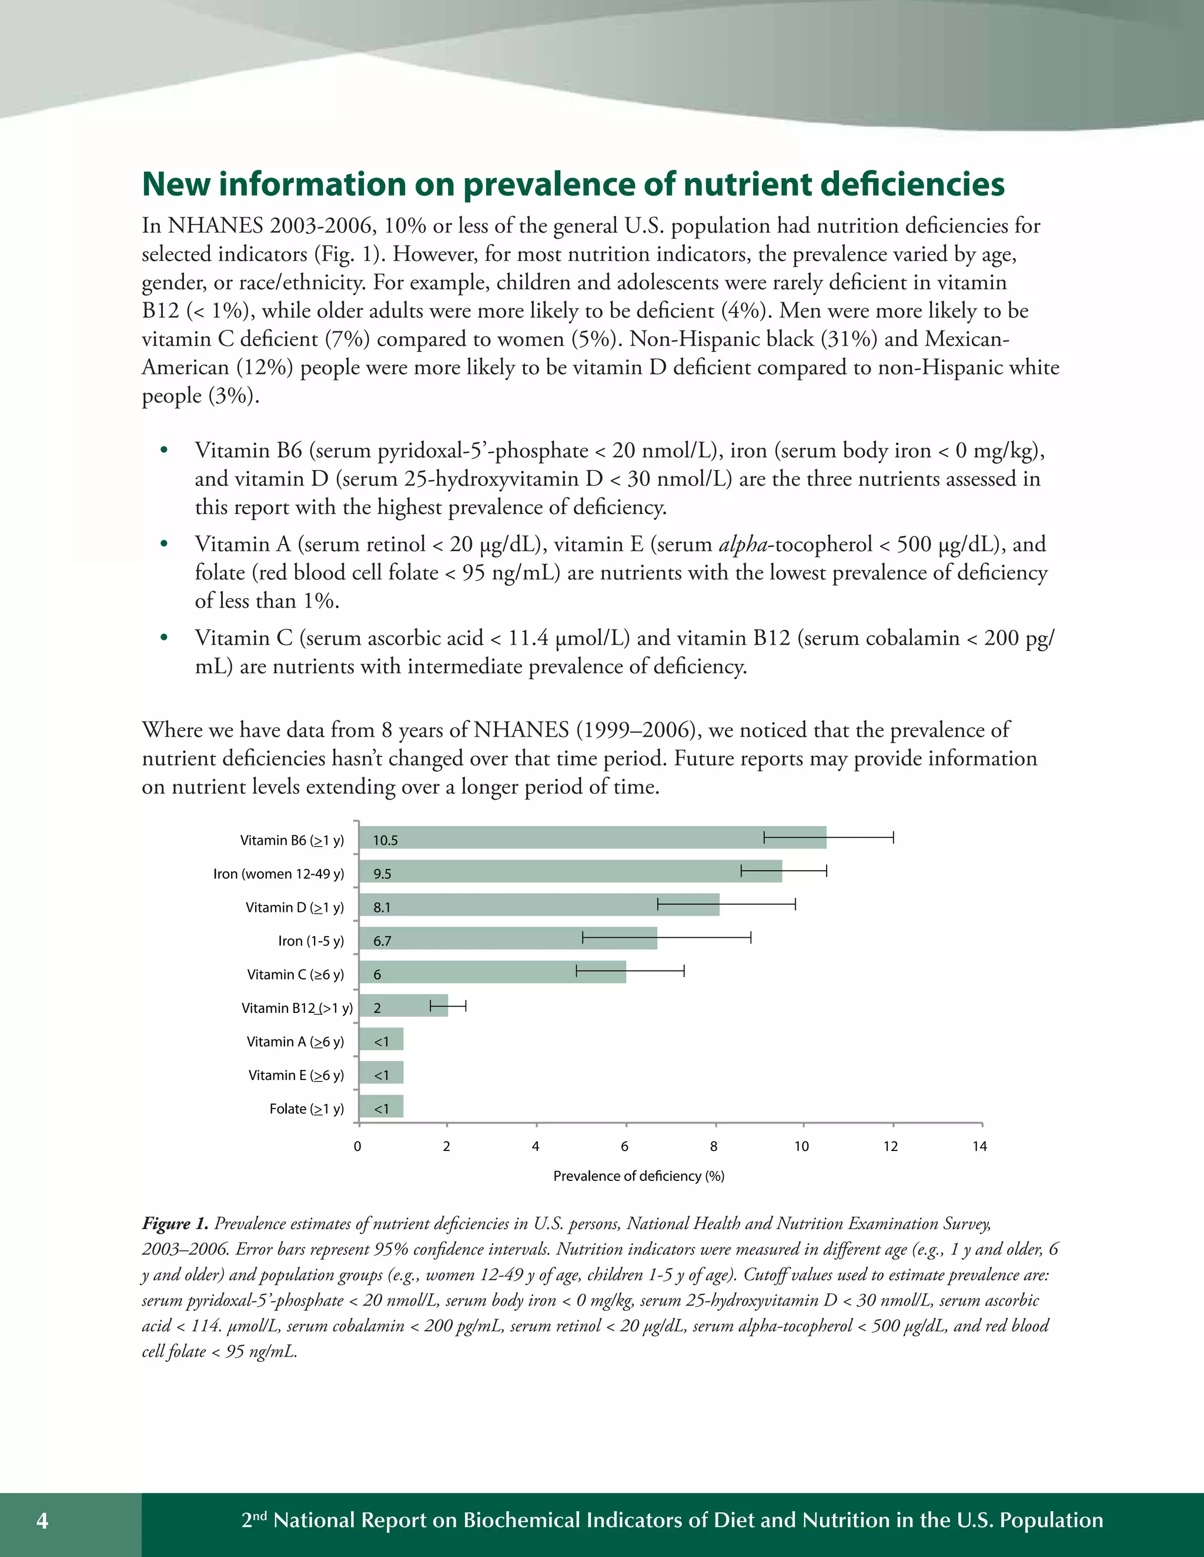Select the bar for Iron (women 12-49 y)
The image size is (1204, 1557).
tap(571, 871)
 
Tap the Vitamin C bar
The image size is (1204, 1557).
tap(492, 972)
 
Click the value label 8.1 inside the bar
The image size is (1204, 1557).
tap(382, 908)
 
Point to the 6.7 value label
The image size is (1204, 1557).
tap(382, 941)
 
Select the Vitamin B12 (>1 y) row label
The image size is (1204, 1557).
tap(297, 1008)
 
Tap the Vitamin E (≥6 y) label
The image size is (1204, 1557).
tap(296, 1075)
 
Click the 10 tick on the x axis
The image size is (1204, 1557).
tap(802, 1146)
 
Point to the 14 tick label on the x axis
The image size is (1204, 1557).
tap(979, 1146)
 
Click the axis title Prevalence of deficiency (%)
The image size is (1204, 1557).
tap(638, 1176)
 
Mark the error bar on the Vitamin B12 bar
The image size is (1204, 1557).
tap(448, 1006)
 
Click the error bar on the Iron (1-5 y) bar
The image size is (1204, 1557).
tap(666, 938)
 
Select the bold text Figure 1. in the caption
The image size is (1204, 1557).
tap(175, 1223)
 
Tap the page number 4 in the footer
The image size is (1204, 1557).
tap(43, 1521)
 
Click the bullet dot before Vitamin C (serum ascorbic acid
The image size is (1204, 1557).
tap(164, 637)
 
